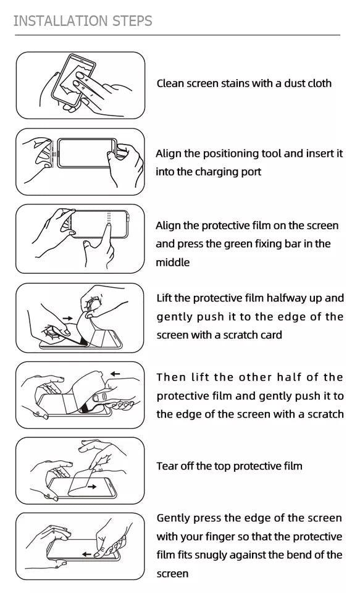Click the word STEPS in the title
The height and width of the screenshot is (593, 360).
tap(132, 21)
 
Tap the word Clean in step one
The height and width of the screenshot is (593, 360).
tap(170, 83)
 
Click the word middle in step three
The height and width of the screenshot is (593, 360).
tap(172, 263)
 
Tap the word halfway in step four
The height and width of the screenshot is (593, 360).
tap(287, 298)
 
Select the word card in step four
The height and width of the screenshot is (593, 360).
tap(270, 335)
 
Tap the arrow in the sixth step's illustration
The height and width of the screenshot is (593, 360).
tap(91, 486)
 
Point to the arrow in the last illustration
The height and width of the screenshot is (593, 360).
tap(87, 554)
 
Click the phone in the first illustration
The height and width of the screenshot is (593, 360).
tap(74, 83)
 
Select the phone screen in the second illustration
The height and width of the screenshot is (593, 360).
tap(86, 152)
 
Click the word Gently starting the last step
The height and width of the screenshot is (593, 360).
tap(174, 518)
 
